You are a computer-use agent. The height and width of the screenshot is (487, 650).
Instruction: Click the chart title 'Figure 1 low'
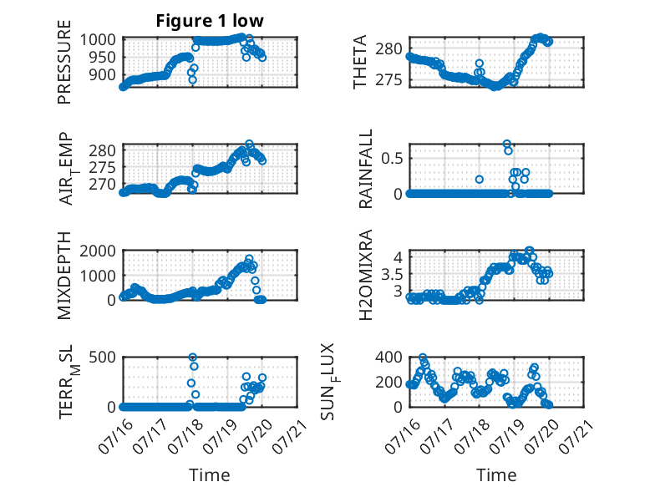tap(210, 21)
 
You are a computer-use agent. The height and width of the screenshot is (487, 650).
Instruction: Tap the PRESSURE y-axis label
tap(64, 62)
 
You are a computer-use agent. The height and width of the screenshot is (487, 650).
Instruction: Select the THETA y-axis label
tap(360, 62)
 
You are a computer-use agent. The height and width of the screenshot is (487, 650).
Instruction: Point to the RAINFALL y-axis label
tap(366, 169)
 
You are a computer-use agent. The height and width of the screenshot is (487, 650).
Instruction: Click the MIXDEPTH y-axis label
tap(64, 276)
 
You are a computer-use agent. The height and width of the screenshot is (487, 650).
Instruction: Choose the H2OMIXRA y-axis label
tap(366, 275)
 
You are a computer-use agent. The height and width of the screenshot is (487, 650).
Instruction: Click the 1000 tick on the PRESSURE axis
tap(98, 40)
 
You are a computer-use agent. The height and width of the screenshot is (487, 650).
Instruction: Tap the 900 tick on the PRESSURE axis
tap(102, 75)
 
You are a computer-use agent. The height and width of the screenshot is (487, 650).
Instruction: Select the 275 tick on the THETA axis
tap(388, 80)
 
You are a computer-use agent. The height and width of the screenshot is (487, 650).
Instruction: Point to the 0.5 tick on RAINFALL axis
tap(392, 158)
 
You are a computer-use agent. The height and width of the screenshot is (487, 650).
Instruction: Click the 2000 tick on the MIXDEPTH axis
tap(98, 251)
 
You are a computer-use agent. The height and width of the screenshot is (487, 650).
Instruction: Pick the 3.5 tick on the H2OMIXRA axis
tap(392, 274)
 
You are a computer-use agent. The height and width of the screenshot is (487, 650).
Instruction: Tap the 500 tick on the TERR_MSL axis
tap(102, 357)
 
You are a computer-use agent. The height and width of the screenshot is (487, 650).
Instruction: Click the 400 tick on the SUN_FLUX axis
tap(388, 357)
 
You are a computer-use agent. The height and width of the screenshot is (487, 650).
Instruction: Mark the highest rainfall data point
tap(506, 144)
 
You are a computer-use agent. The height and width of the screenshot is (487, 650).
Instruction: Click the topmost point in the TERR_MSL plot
tap(193, 357)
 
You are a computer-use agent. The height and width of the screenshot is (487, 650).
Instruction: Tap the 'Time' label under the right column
tap(496, 475)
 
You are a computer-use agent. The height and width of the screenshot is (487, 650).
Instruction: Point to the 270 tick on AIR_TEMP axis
tap(102, 184)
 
